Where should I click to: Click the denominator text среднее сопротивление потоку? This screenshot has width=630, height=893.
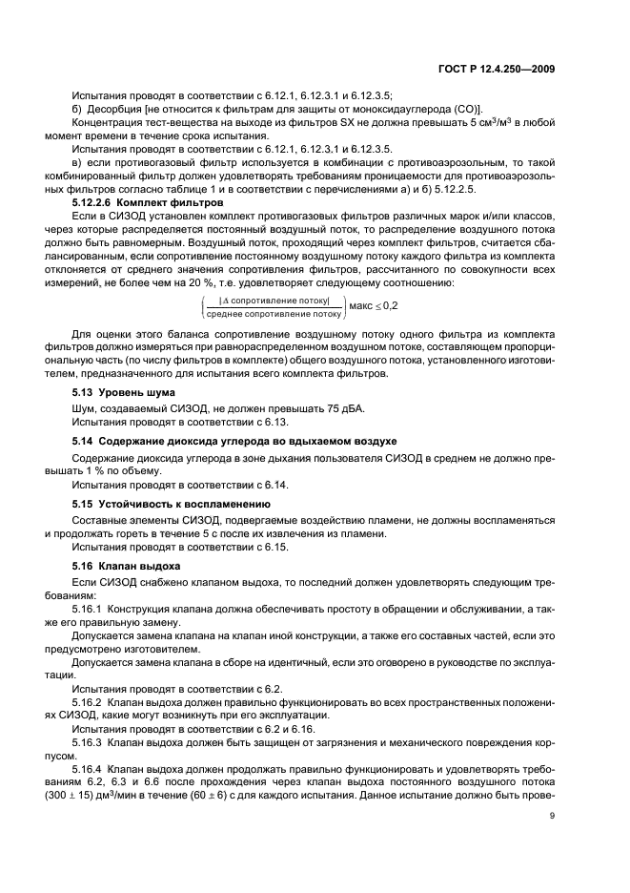click(x=274, y=313)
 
